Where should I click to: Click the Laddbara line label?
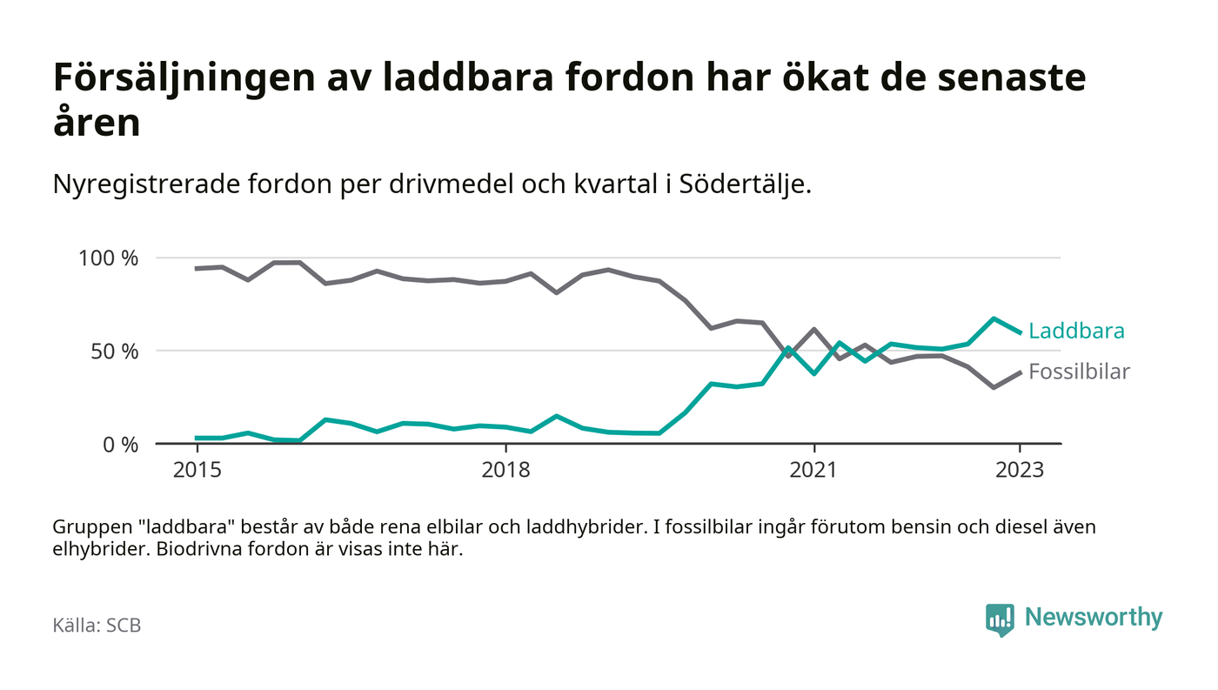click(1076, 332)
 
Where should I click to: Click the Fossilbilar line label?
click(1079, 372)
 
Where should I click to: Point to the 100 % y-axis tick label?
click(109, 258)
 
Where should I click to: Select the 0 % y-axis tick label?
click(119, 445)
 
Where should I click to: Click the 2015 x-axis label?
click(197, 471)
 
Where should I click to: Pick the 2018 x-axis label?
click(505, 471)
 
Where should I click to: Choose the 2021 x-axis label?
click(813, 471)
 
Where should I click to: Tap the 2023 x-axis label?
click(1020, 471)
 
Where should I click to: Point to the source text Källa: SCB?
click(97, 626)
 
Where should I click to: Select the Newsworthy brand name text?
click(1093, 618)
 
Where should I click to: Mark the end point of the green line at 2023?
click(1020, 332)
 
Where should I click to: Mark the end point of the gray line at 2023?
click(1020, 372)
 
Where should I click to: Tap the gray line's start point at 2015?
click(197, 269)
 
